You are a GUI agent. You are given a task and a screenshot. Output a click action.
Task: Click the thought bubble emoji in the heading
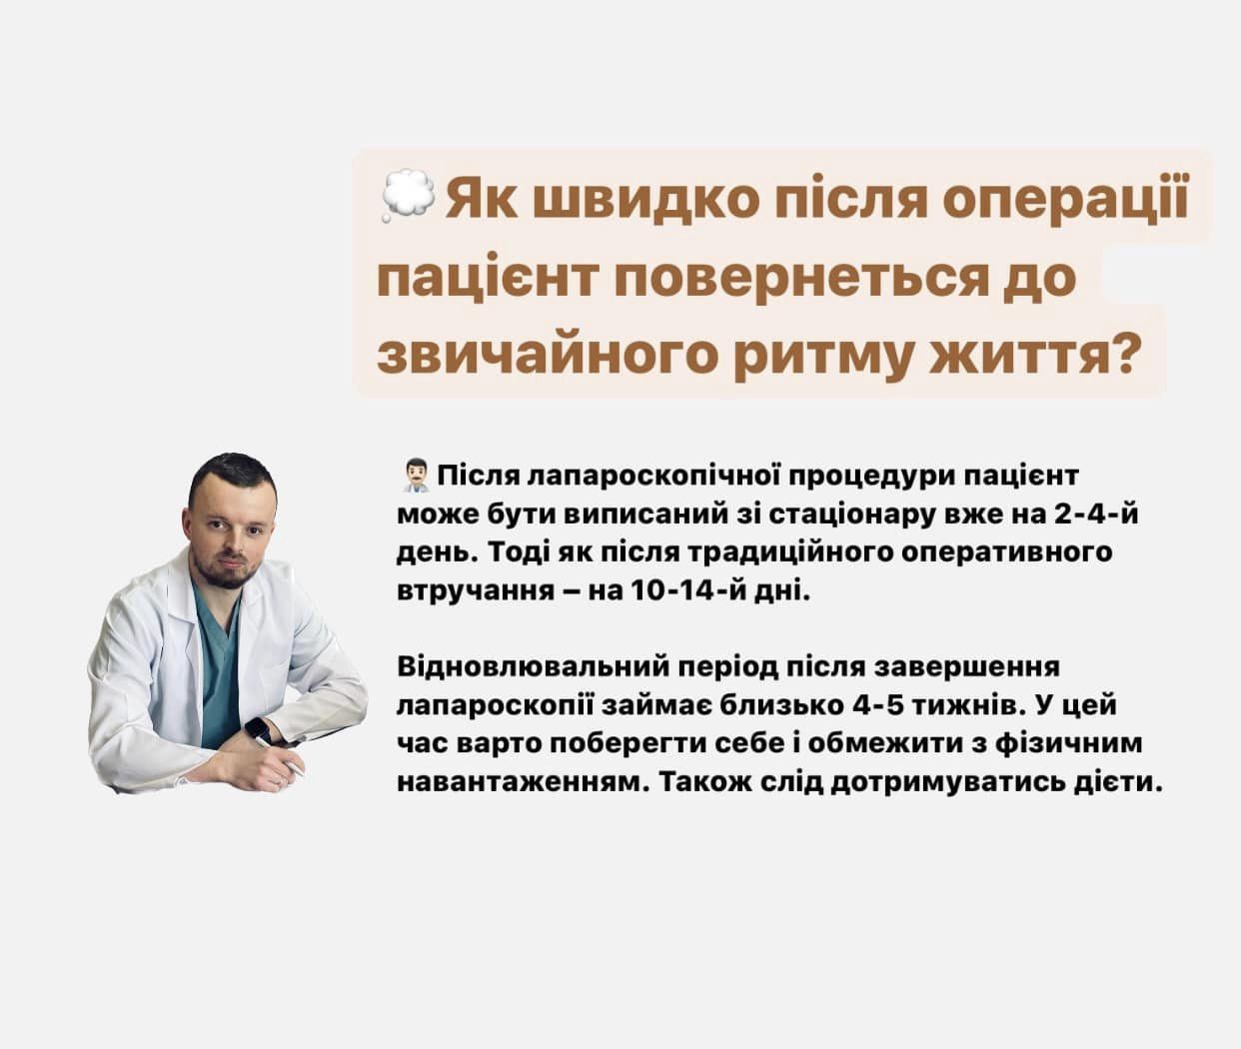[x=408, y=197]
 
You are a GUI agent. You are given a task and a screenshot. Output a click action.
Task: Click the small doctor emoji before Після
[x=415, y=477]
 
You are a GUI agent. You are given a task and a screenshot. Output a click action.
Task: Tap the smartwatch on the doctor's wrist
[x=258, y=730]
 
